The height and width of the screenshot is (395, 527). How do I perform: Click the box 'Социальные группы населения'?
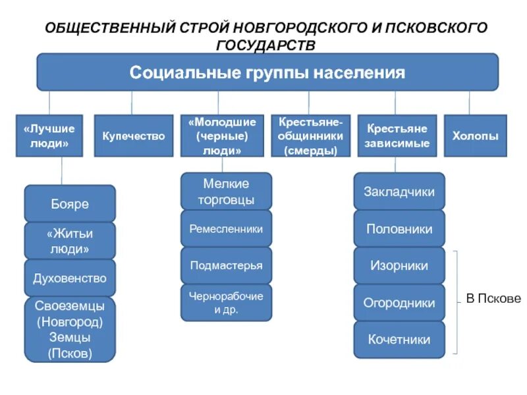(267, 72)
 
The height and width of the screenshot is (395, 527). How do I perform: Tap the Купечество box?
(133, 136)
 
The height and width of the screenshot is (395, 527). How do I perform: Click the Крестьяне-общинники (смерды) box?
(311, 136)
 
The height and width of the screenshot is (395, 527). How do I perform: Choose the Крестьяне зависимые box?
(397, 136)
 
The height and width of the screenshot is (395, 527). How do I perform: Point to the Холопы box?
(475, 136)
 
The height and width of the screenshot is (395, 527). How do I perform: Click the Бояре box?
(70, 204)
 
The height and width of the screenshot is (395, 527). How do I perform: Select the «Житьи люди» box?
(70, 241)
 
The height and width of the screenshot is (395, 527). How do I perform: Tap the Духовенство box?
(70, 278)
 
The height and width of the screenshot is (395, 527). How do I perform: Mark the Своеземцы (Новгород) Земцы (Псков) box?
(70, 329)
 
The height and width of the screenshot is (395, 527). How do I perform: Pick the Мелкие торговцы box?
(226, 192)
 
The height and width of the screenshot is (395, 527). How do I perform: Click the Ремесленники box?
(226, 229)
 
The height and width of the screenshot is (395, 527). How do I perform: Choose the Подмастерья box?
(226, 266)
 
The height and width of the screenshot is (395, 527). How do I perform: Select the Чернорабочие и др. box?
(226, 303)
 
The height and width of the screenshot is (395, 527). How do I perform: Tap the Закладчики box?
(399, 192)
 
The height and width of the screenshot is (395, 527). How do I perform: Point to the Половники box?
(399, 229)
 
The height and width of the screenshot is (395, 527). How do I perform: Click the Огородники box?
(399, 303)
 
